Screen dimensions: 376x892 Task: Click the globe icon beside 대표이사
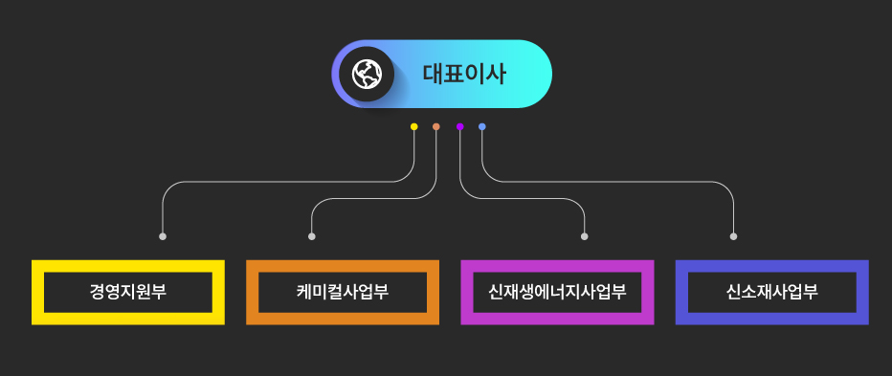[x=367, y=74]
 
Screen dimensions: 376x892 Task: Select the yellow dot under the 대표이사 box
[x=413, y=126]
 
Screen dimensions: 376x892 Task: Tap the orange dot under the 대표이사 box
[x=436, y=126]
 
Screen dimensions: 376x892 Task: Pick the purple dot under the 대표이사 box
[x=459, y=126]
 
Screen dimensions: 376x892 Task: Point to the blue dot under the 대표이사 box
[x=482, y=126]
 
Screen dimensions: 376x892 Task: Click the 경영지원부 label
[x=128, y=292]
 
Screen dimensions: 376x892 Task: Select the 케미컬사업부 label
[x=343, y=292]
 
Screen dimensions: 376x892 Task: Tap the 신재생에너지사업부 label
[x=557, y=292]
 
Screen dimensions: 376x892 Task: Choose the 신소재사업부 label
[x=771, y=292]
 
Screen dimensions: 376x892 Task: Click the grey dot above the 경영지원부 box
[x=163, y=236]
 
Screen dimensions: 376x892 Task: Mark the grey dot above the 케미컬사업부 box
[x=312, y=236]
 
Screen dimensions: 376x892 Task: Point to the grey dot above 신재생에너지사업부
[x=585, y=236]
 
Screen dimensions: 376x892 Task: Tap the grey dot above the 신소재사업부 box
[x=734, y=236]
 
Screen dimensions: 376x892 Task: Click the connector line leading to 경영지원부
[x=287, y=180]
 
